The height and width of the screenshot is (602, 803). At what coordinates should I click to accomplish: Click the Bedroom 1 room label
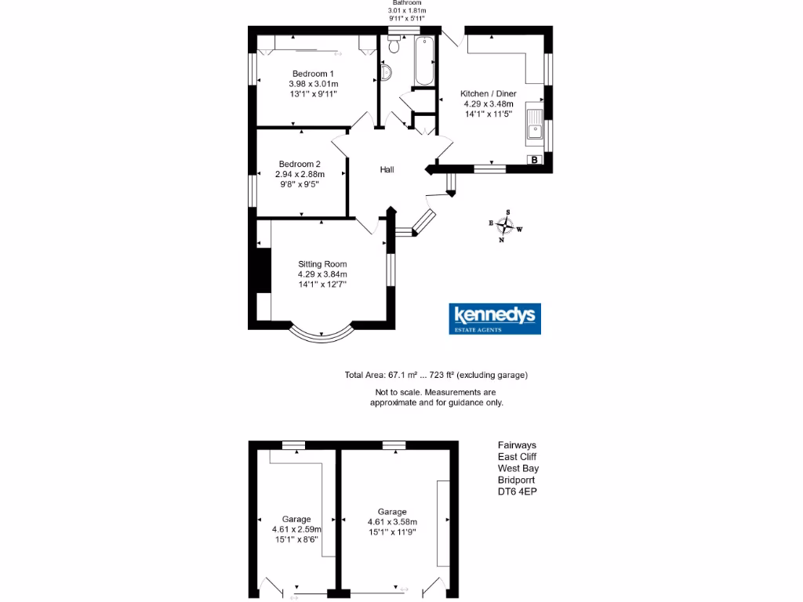(x=313, y=74)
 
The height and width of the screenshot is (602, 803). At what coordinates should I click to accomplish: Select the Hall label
(x=387, y=169)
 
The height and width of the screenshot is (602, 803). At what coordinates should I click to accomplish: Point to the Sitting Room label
(x=322, y=264)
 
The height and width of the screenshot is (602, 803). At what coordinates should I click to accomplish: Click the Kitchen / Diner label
(x=488, y=93)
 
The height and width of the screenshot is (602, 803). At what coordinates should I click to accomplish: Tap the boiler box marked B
(x=535, y=160)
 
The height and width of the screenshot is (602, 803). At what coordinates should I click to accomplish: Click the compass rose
(x=506, y=227)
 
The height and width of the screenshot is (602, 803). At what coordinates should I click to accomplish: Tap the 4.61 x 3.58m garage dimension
(x=392, y=522)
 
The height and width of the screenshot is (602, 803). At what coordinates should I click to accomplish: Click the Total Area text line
(x=436, y=375)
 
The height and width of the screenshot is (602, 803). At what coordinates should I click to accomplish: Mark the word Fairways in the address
(x=518, y=444)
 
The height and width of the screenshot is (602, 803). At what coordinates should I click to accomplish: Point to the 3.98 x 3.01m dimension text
(x=313, y=84)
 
